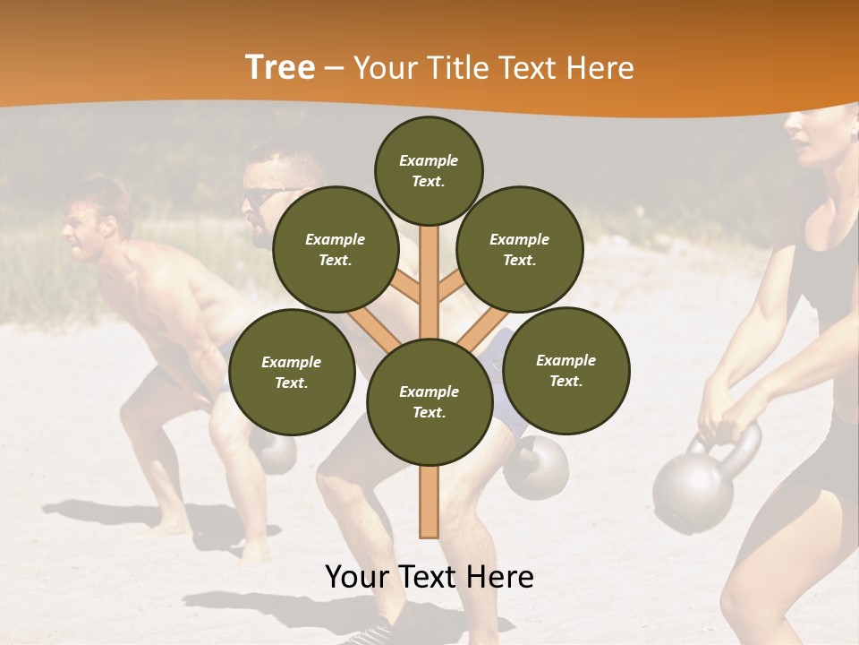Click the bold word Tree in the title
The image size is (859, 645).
click(x=280, y=68)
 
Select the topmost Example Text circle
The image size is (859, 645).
click(x=429, y=170)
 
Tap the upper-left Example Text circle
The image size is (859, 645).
click(x=336, y=249)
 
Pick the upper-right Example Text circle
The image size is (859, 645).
click(x=520, y=249)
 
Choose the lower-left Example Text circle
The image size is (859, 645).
click(x=292, y=372)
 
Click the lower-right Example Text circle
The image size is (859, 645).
click(x=566, y=370)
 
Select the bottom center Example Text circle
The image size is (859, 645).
click(x=429, y=401)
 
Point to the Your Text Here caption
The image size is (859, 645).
click(x=429, y=577)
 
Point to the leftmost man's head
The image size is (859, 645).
click(x=95, y=219)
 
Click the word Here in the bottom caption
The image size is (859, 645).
click(x=496, y=577)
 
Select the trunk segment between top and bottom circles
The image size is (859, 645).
click(x=429, y=278)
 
